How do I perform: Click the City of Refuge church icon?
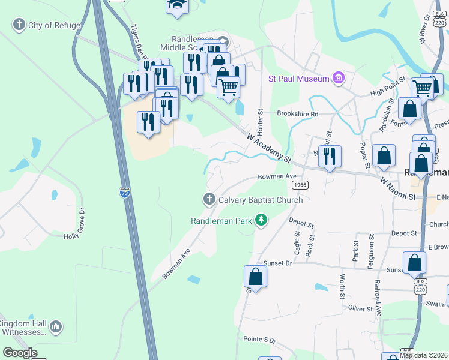(19, 25)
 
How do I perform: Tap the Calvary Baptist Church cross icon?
(209, 199)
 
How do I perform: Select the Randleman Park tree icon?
(261, 221)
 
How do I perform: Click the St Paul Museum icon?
(339, 79)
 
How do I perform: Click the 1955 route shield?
(301, 185)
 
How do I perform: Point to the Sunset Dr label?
(277, 263)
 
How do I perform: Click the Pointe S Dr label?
(259, 340)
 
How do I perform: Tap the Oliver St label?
(361, 308)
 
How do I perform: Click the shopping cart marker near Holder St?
(228, 87)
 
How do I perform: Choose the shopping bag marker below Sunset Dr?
(255, 277)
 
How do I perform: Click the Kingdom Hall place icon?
(56, 327)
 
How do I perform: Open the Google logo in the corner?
(20, 353)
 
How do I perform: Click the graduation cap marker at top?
(176, 5)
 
